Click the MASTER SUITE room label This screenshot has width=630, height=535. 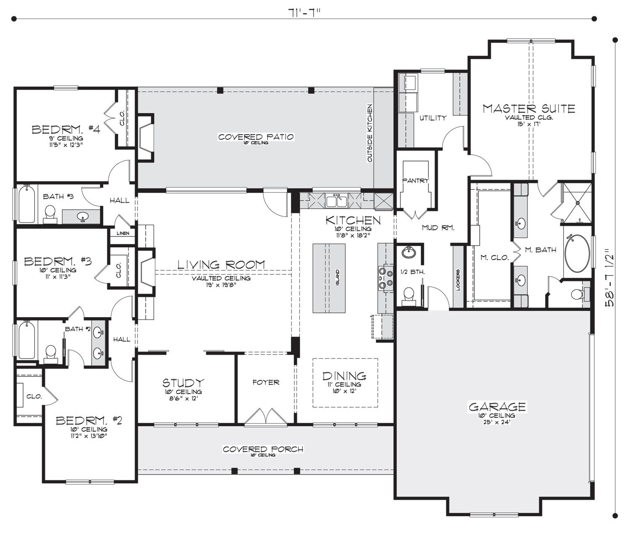coord(529,109)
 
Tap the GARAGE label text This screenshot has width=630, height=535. coord(497,407)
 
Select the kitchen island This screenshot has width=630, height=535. coord(329,278)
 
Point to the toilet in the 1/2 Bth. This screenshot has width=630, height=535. coord(408,297)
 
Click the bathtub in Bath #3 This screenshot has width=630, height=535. coord(26,203)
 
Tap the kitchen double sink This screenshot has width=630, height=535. coord(336,201)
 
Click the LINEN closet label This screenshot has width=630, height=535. coord(123,233)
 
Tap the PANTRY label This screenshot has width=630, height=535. coord(415,180)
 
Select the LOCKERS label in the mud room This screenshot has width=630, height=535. coord(458,280)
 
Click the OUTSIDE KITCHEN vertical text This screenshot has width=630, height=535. coord(370,133)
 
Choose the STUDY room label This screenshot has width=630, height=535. coord(183,382)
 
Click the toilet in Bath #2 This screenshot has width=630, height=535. coord(50,354)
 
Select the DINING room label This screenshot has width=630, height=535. coord(344,376)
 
